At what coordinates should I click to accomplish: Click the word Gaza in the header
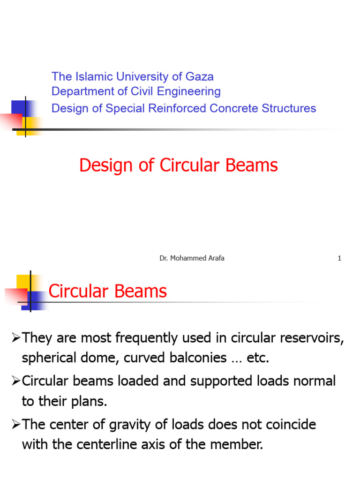(x=199, y=77)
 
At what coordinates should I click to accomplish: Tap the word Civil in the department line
(x=142, y=91)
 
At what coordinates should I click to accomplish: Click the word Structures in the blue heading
(x=289, y=108)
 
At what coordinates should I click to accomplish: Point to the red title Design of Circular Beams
(x=179, y=165)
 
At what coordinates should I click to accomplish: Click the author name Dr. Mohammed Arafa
(x=192, y=258)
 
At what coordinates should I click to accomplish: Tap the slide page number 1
(x=339, y=258)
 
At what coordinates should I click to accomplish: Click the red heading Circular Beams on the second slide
(x=108, y=291)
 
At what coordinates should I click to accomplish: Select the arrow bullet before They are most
(x=16, y=337)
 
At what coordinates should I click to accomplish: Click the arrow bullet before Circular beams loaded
(x=16, y=381)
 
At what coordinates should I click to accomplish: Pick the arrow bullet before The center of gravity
(x=16, y=424)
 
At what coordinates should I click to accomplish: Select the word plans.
(x=89, y=402)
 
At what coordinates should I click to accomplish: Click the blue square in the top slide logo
(x=22, y=108)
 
